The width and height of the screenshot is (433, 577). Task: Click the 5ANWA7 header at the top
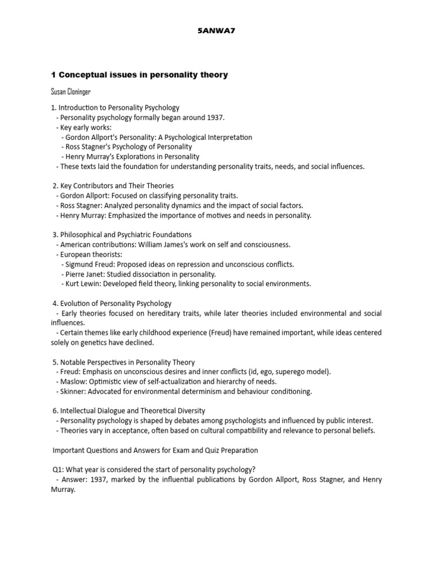pyautogui.click(x=216, y=31)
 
